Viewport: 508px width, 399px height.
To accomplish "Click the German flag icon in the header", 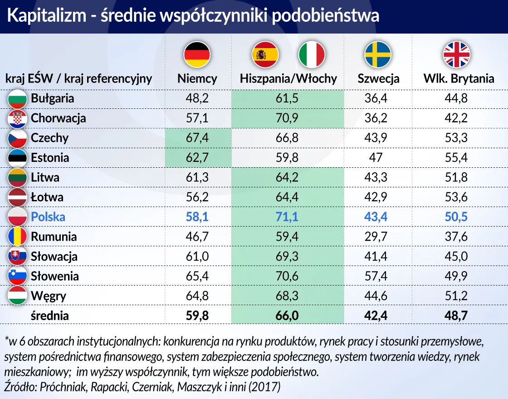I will (x=197, y=54).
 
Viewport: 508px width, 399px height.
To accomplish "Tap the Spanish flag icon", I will (x=265, y=54).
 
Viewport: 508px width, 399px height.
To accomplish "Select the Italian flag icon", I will (x=312, y=54).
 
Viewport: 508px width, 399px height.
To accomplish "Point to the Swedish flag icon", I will (x=378, y=54).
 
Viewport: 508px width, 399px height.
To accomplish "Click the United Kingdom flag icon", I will (x=456, y=54).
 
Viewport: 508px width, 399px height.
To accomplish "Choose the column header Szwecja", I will (x=378, y=78).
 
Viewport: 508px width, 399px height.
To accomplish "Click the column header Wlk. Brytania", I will (x=459, y=78).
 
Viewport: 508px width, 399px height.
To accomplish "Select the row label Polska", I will (x=48, y=217).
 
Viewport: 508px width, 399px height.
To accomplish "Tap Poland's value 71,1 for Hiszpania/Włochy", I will (x=287, y=217).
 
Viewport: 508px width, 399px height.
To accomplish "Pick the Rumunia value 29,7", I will (x=376, y=237).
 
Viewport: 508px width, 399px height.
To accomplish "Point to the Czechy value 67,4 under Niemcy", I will (x=197, y=138).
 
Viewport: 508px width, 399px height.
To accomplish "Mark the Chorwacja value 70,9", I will (x=287, y=118).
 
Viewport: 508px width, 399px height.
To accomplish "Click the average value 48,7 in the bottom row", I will (x=456, y=316).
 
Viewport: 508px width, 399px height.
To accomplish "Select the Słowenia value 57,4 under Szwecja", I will (x=376, y=276).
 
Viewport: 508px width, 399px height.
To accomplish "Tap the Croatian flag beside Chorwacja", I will (x=18, y=118).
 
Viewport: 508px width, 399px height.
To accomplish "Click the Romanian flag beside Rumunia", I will (x=18, y=237).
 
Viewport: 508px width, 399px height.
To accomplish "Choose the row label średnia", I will (x=50, y=316).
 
